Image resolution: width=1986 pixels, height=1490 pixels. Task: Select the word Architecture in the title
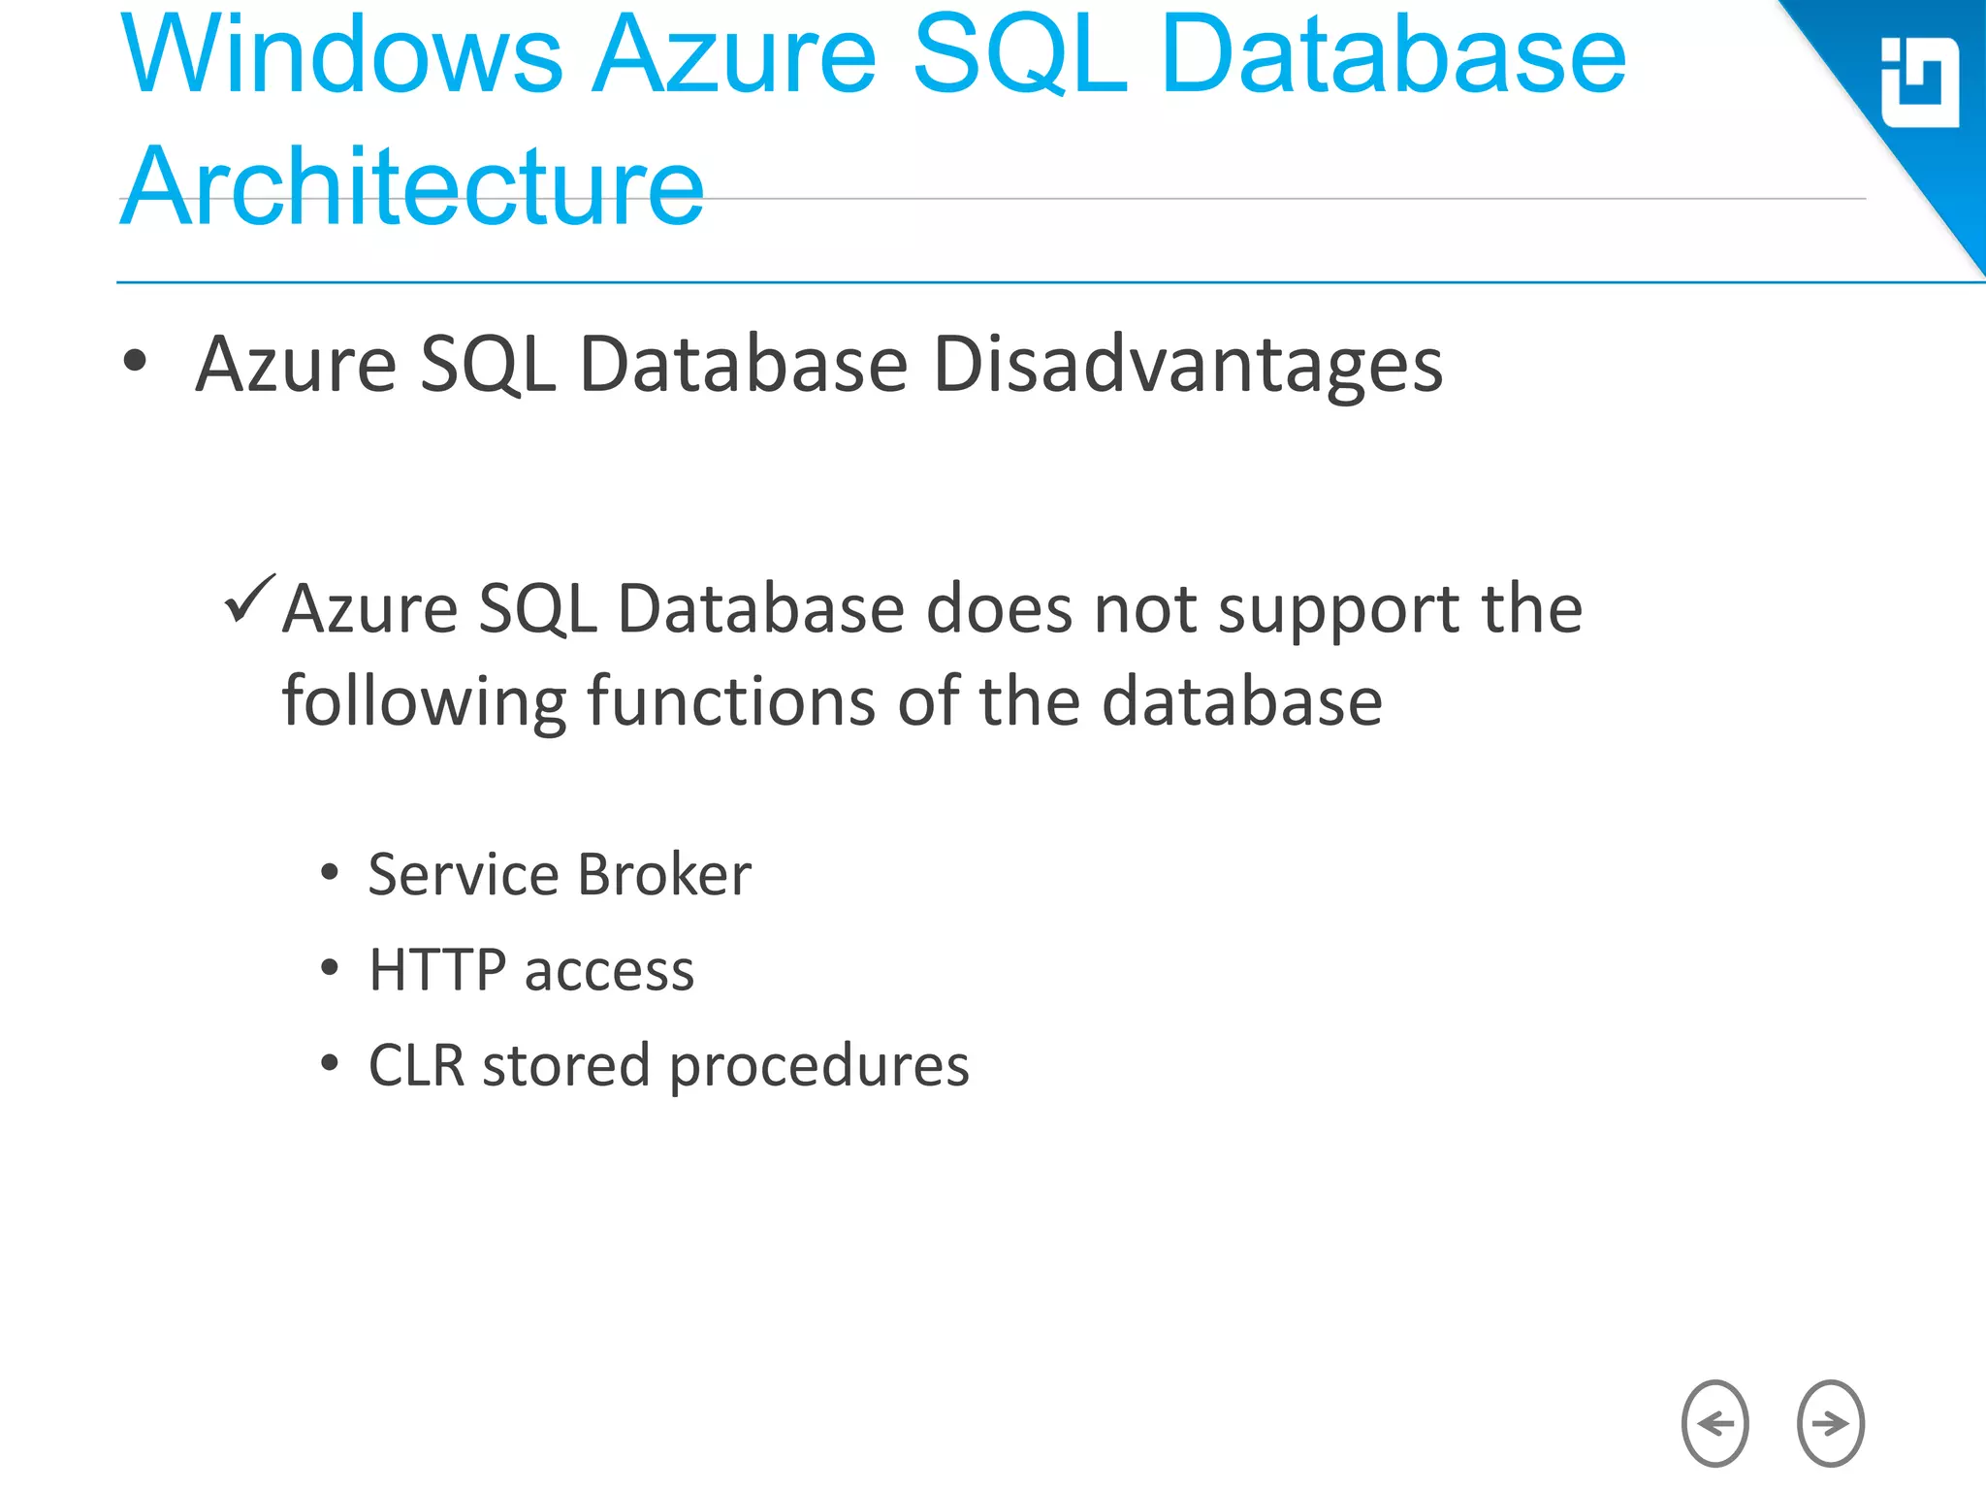[x=412, y=186]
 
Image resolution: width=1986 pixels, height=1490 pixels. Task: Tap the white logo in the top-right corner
[x=1919, y=82]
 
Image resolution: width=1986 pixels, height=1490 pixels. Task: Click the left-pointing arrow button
[x=1714, y=1423]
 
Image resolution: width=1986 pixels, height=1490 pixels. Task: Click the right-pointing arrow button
[x=1830, y=1423]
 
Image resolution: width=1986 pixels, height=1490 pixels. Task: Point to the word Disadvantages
[x=1187, y=365]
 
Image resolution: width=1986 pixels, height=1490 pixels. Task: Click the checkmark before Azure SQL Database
[x=249, y=599]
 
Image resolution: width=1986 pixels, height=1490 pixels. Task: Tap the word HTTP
[x=437, y=969]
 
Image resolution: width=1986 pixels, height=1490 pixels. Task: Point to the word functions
[x=731, y=701]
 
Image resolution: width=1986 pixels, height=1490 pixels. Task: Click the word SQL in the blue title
[x=1021, y=56]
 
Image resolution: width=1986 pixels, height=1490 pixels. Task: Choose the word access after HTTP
[x=609, y=971]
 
